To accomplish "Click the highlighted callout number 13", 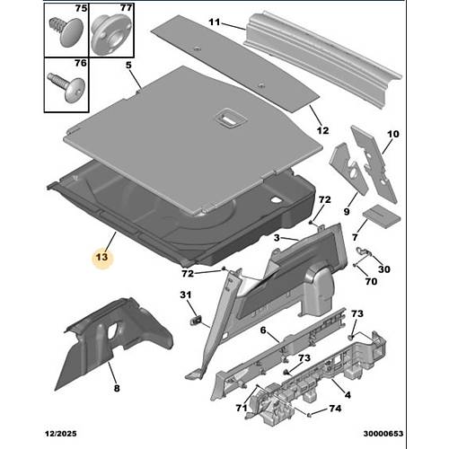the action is click(x=101, y=257).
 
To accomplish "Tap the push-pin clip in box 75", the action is click(x=66, y=31).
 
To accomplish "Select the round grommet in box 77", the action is click(x=111, y=34).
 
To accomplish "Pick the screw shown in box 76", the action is click(x=67, y=84).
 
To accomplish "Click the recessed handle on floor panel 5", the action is click(x=231, y=119).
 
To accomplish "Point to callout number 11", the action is click(x=214, y=22).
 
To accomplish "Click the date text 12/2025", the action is click(x=61, y=434).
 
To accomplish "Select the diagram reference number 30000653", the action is click(x=383, y=434).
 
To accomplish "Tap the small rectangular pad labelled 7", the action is click(x=382, y=216).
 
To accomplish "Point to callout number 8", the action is click(x=117, y=388).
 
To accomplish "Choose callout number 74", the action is click(x=335, y=409).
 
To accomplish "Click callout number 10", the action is click(x=393, y=134).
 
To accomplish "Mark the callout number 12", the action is click(x=322, y=130).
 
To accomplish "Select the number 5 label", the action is click(x=128, y=65).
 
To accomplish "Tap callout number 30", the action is click(x=384, y=269).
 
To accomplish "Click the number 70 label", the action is click(x=371, y=281).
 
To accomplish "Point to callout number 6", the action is click(x=263, y=330).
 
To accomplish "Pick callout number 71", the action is click(x=242, y=408).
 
